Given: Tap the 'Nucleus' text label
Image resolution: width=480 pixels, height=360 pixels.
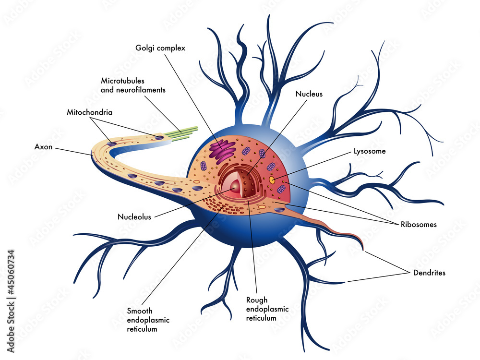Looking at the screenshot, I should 309,94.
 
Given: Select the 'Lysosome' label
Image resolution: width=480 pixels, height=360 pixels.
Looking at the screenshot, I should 369,151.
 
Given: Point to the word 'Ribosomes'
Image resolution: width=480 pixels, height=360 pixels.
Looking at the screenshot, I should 419,224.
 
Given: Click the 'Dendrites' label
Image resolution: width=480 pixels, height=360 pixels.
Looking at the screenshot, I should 429,273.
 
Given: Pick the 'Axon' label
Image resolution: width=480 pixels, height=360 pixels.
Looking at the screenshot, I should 43,147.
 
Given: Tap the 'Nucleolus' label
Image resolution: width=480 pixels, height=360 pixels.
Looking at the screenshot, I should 134,216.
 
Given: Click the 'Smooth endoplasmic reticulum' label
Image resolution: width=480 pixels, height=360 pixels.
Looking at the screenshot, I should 148,320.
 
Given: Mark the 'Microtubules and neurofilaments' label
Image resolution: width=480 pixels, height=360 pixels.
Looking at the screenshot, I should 133,85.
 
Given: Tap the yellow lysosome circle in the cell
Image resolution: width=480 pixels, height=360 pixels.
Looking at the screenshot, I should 272,180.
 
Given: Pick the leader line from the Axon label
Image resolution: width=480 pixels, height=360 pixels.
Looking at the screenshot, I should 72,150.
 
